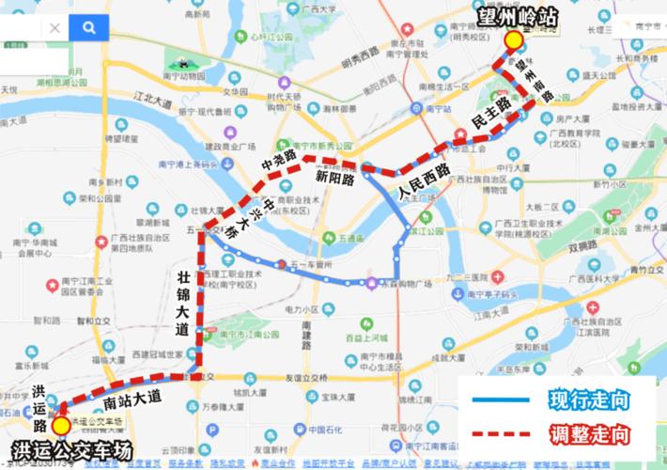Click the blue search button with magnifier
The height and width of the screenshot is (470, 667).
88,28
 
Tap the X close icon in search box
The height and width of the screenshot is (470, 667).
54,28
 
